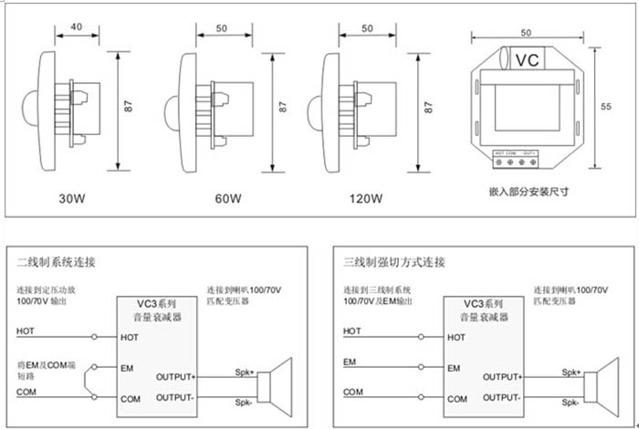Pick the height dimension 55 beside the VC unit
pos(605,107)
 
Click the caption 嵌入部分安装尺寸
pos(529,192)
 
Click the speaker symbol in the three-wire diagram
pos(602,386)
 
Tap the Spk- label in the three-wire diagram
pos(571,403)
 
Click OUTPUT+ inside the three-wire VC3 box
pos(501,376)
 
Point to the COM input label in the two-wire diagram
pos(26,392)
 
